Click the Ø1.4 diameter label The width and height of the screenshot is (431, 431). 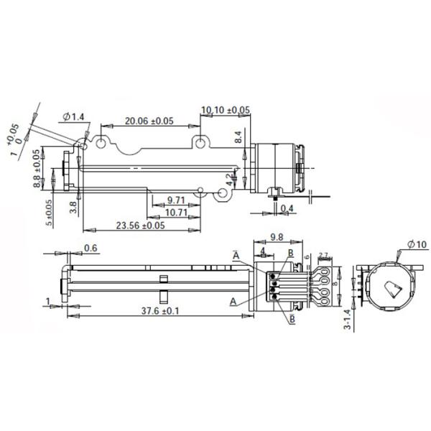point(74,116)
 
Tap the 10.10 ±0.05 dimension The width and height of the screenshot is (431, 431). point(226,110)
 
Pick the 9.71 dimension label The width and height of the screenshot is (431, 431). point(177,199)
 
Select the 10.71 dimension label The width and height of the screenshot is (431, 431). point(177,213)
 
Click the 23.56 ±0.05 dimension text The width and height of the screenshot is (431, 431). point(141,226)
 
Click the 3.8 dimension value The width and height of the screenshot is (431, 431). point(73,208)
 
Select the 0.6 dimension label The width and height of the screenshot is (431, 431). point(91,249)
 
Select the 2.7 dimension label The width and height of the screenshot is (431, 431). point(323,255)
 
